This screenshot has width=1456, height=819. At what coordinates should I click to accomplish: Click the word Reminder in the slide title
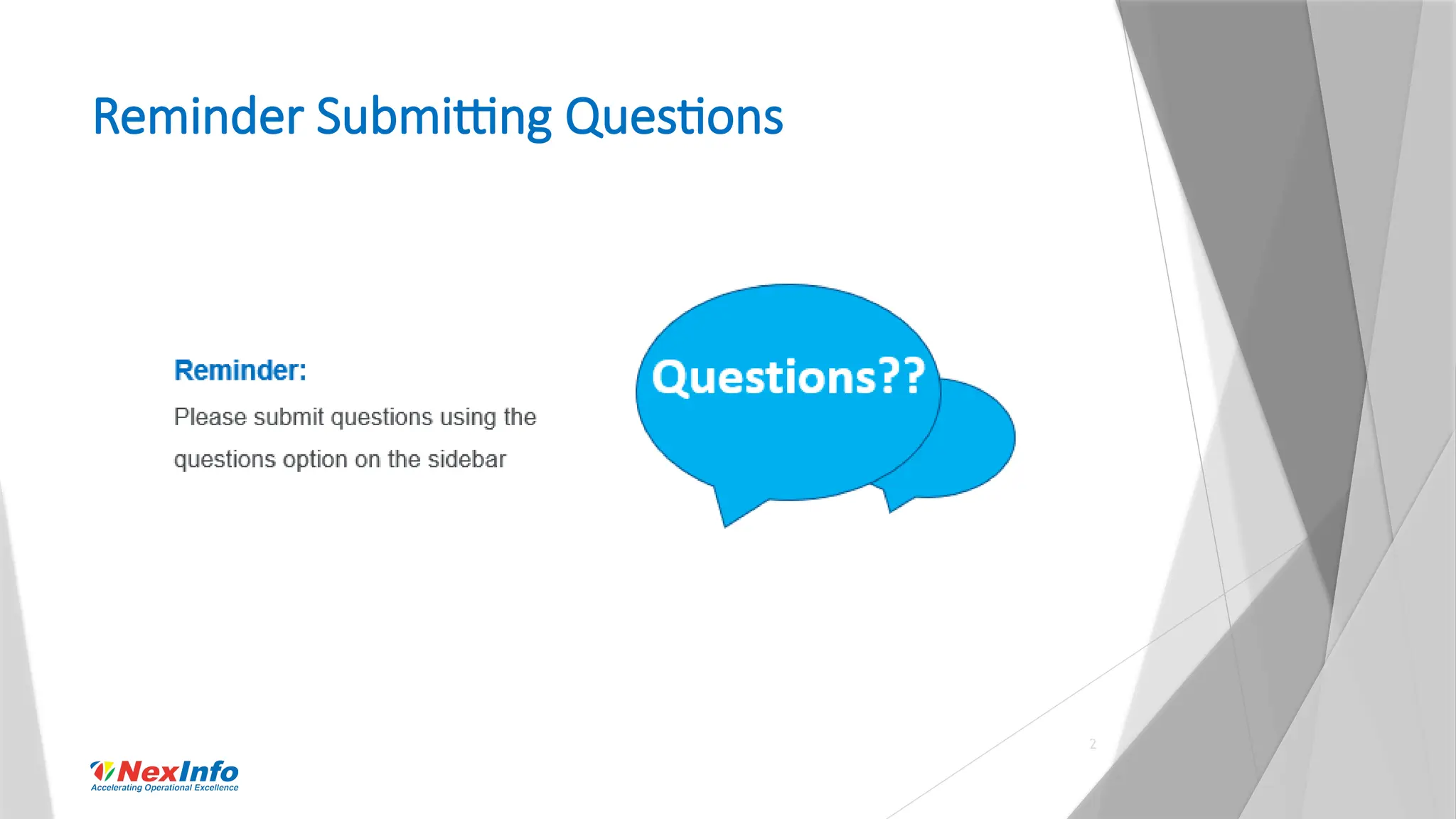pyautogui.click(x=198, y=117)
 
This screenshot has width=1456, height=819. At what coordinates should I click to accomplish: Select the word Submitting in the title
pyautogui.click(x=433, y=118)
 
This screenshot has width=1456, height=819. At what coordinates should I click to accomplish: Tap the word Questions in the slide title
pyautogui.click(x=674, y=118)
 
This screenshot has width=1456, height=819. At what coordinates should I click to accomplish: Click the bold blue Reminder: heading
pyautogui.click(x=240, y=370)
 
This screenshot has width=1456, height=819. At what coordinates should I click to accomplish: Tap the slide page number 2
pyautogui.click(x=1093, y=744)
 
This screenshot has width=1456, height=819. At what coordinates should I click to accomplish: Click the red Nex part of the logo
pyautogui.click(x=148, y=771)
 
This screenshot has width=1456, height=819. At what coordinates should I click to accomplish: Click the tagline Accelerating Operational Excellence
pyautogui.click(x=164, y=788)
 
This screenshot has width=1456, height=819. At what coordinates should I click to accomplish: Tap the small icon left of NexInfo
pyautogui.click(x=102, y=771)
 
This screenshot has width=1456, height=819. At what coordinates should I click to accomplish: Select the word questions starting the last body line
pyautogui.click(x=225, y=460)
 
